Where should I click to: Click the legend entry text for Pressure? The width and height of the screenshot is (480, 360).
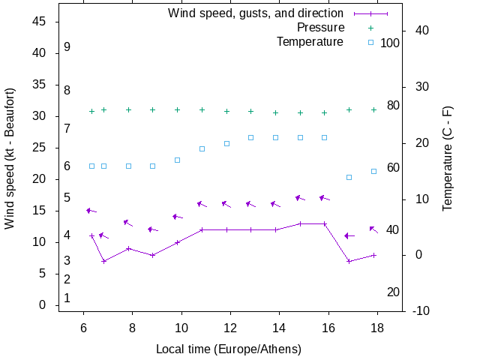(x=320, y=28)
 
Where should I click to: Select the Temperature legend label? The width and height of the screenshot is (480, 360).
(x=310, y=41)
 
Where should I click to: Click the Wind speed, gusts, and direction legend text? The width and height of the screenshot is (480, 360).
(x=255, y=13)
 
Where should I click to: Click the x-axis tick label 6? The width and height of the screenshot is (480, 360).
(x=83, y=328)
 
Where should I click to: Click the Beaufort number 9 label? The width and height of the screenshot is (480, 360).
(x=67, y=46)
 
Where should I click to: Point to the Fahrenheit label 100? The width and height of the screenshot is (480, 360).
(x=390, y=43)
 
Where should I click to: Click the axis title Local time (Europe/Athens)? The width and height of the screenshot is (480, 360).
(x=229, y=349)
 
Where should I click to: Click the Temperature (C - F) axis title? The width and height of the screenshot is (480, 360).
(x=448, y=158)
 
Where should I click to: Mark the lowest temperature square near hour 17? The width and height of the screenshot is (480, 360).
(x=349, y=177)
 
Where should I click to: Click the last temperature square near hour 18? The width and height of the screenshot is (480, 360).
(x=373, y=171)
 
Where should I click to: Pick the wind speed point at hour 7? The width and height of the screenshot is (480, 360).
(x=103, y=261)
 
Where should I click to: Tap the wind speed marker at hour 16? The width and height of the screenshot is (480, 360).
(x=325, y=223)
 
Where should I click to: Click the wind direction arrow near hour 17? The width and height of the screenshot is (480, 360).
(x=349, y=235)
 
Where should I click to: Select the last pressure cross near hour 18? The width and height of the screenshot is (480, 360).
(x=373, y=109)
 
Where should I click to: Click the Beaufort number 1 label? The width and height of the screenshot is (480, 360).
(x=67, y=298)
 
